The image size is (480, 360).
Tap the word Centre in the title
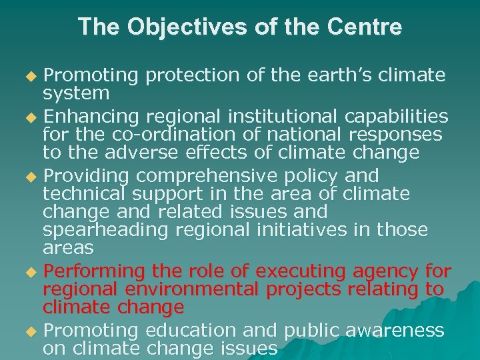[x=366, y=27]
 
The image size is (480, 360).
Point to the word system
[x=76, y=93]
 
